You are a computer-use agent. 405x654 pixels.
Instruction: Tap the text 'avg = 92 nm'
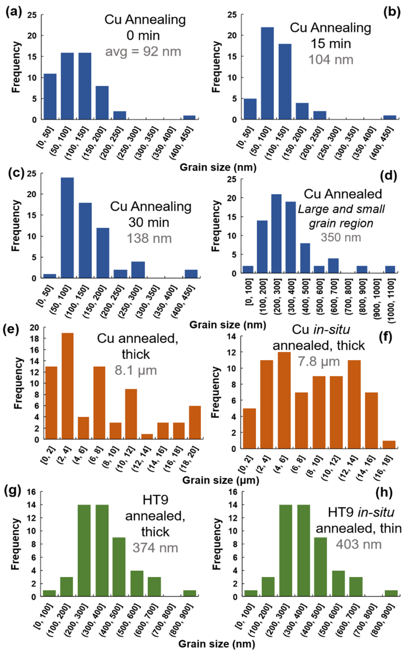[143, 52]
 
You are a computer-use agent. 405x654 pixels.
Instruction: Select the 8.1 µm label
[136, 370]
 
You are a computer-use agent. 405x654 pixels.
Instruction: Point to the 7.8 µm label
[319, 361]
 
